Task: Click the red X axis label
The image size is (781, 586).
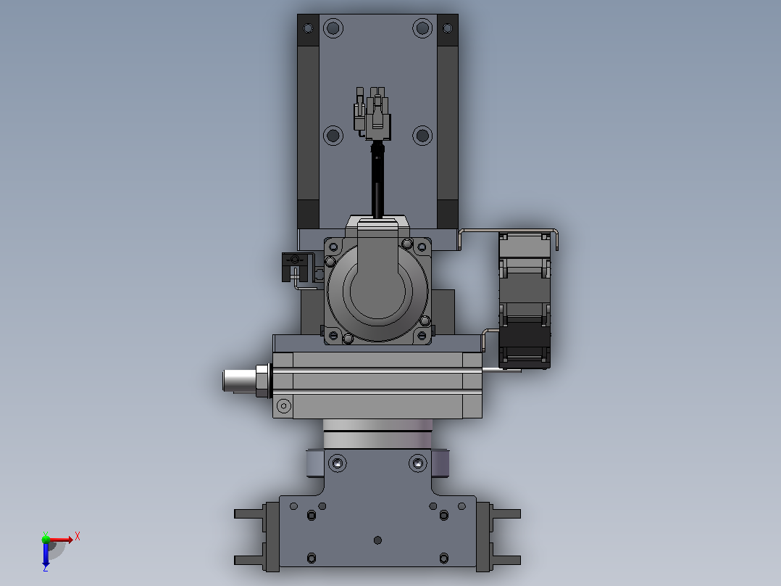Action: point(78,537)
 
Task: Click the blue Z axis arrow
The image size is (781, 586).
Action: point(46,555)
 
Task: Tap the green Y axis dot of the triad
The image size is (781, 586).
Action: point(46,539)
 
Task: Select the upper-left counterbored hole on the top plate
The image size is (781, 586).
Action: point(333,28)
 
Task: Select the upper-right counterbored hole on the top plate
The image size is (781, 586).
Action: point(422,28)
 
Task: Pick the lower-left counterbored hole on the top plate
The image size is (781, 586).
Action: point(333,135)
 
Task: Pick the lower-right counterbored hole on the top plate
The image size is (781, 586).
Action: point(422,135)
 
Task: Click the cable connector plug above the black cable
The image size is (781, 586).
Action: point(372,114)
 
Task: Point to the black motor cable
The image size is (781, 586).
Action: point(377,180)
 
